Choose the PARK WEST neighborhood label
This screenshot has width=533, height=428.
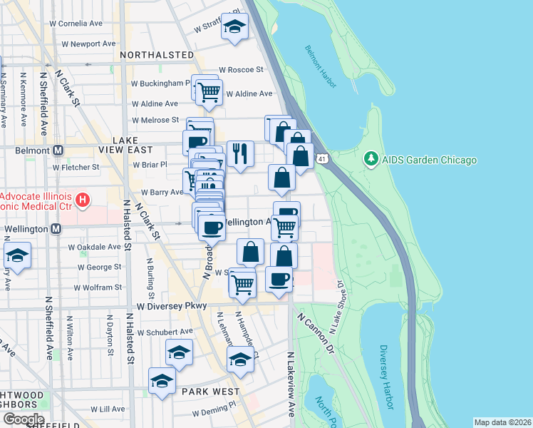209,392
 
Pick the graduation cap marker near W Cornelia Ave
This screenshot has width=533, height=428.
234,26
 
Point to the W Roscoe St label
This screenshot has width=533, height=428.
242,70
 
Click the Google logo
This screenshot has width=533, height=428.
23,419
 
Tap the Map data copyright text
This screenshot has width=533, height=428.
502,422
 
